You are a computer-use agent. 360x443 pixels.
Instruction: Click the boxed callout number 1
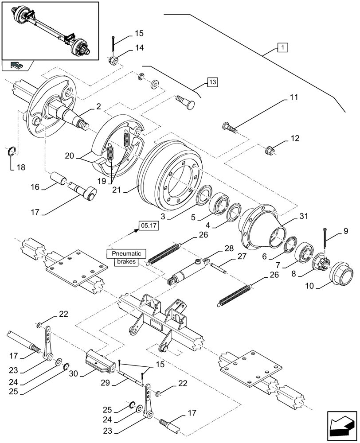[282, 47]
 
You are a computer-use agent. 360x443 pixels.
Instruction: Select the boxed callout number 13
[212, 82]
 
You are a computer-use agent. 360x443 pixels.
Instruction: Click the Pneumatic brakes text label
[126, 257]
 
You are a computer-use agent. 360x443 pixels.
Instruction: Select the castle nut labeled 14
[114, 60]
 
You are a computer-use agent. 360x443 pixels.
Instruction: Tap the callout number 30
[74, 373]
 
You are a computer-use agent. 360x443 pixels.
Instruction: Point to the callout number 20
[70, 156]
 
